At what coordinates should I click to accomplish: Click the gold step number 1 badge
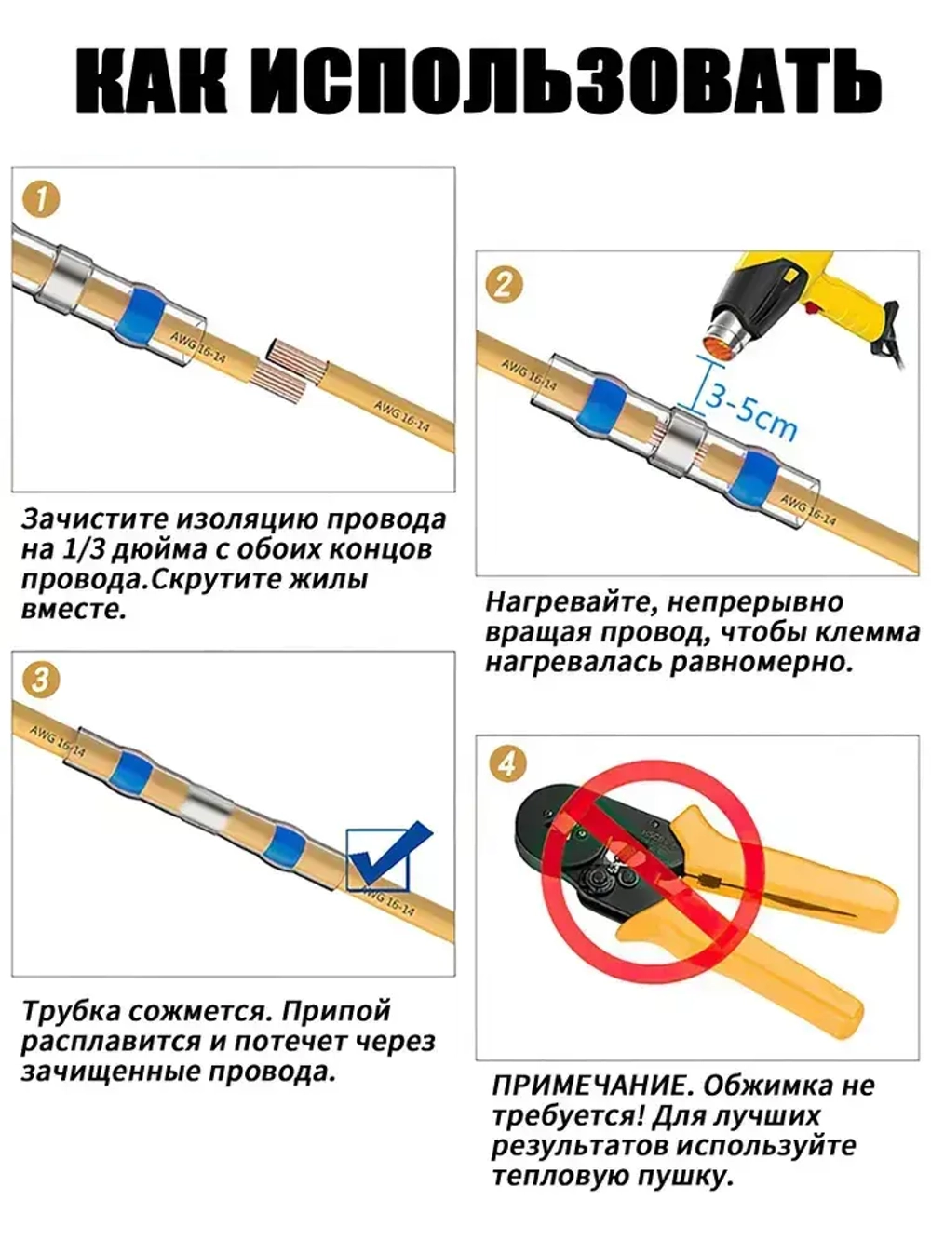pos(41,199)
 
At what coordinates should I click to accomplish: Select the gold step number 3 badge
pos(41,681)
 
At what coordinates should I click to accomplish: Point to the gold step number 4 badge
pos(507,764)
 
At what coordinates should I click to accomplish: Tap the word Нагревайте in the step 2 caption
pos(571,602)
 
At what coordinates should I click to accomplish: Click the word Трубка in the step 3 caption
pos(72,1011)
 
